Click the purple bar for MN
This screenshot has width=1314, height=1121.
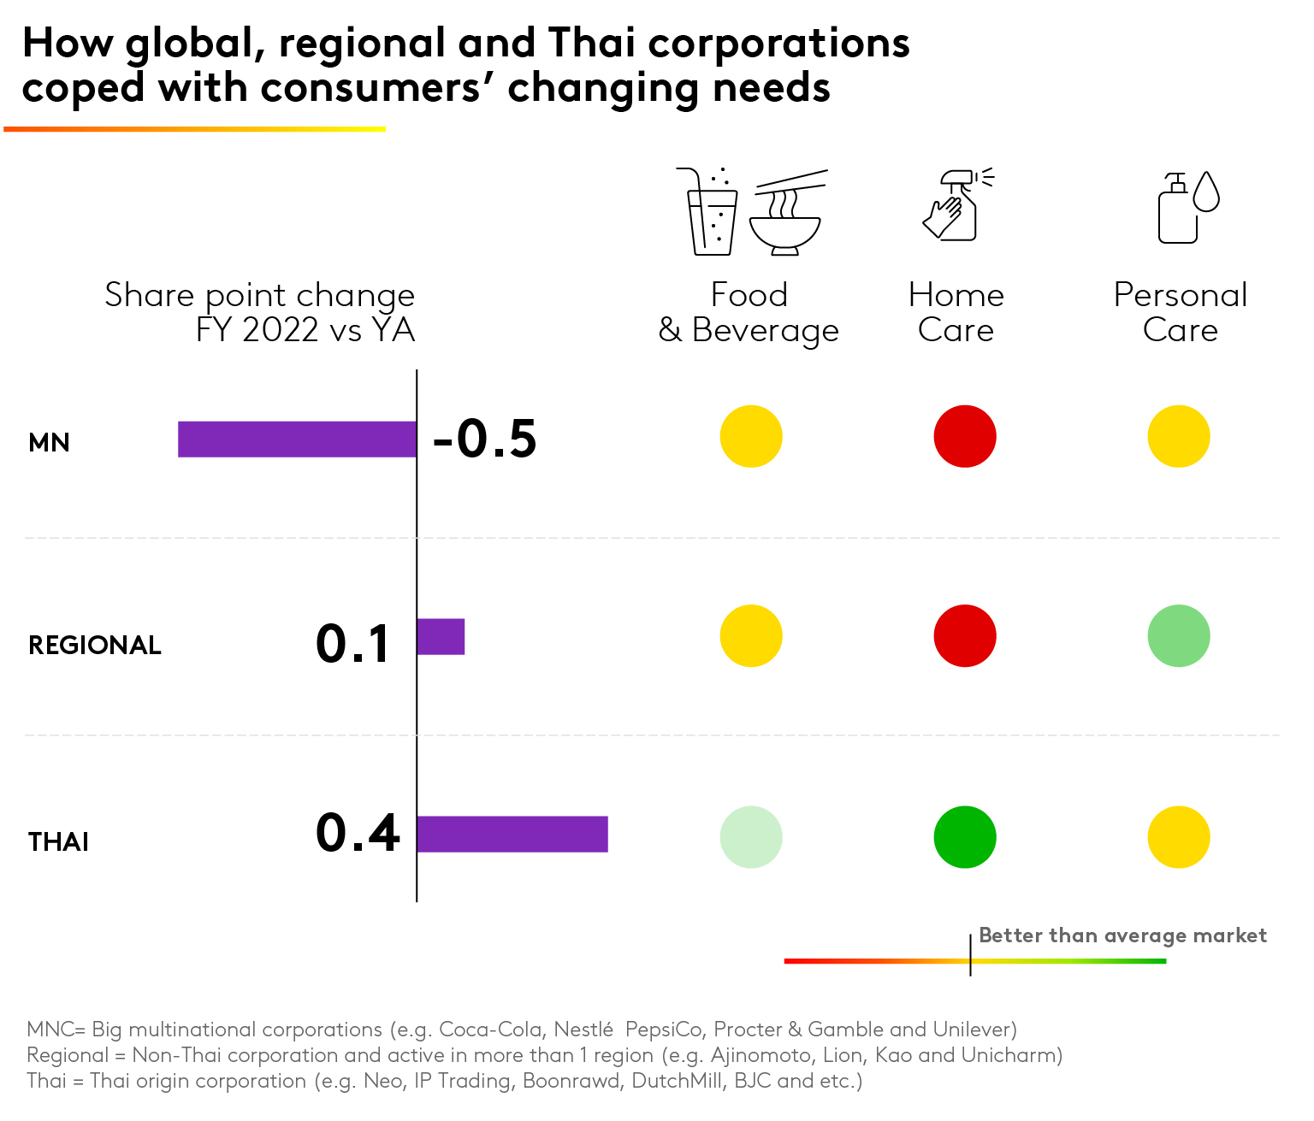point(297,440)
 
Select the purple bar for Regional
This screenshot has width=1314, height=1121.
point(441,637)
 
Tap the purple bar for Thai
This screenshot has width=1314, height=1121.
point(512,835)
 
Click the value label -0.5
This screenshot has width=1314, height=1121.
point(485,439)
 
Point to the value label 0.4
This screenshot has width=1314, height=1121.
point(358,834)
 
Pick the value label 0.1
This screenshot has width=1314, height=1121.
point(353,644)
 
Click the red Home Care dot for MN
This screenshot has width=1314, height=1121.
point(965,437)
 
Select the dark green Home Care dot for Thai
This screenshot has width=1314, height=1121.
point(965,837)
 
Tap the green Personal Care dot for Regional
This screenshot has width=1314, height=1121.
point(1179,636)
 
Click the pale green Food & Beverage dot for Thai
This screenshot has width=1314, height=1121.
point(751,837)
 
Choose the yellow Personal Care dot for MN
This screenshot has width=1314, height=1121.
point(1179,437)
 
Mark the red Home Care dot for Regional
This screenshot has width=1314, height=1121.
point(965,636)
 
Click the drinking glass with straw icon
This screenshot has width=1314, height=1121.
point(710,214)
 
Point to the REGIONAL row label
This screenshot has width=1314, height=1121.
point(95,646)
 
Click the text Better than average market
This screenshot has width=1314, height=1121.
point(1122,935)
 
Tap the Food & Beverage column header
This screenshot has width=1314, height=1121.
point(749,312)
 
